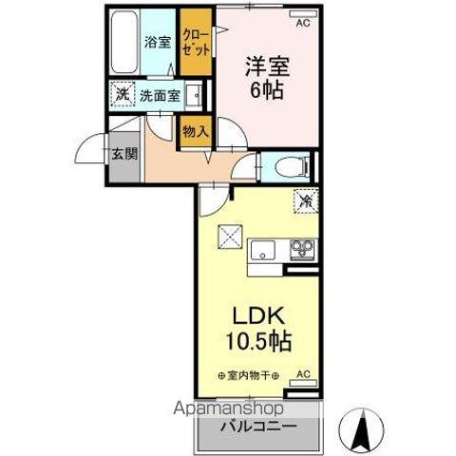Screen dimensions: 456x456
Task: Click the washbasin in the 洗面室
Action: [x=194, y=94]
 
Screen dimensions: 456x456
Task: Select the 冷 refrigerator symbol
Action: [x=305, y=201]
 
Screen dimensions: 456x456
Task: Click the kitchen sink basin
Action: [x=261, y=252]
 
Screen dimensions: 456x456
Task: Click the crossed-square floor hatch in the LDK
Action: [x=231, y=234]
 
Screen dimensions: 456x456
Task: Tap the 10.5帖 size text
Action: [x=257, y=340]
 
